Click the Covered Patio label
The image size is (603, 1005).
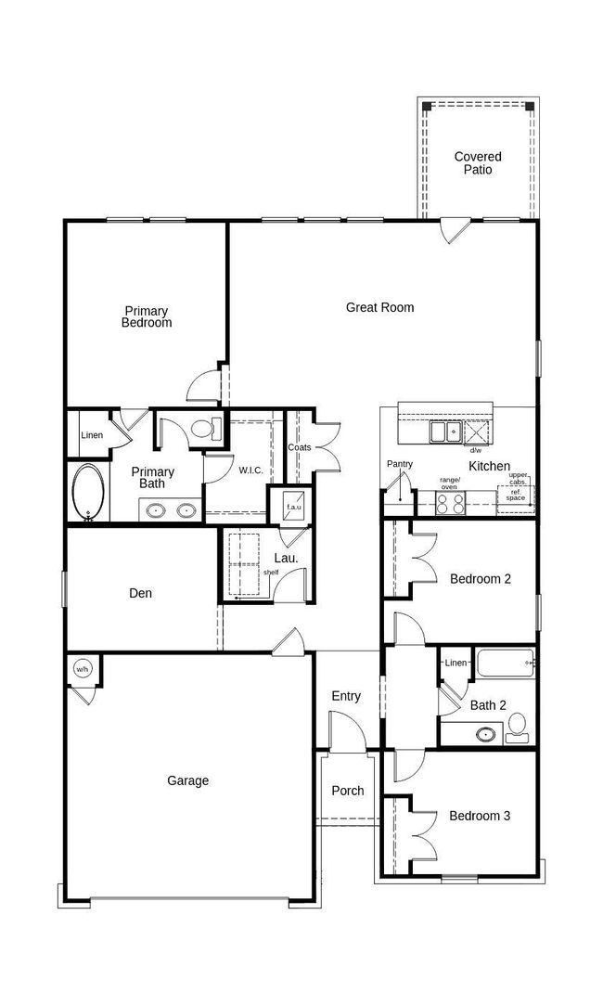478,162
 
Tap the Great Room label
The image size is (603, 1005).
380,308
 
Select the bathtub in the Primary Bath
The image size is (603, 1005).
88,492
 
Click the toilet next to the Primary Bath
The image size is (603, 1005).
206,428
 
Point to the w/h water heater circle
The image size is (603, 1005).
82,670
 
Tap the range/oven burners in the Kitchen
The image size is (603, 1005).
450,504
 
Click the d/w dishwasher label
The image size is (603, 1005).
476,450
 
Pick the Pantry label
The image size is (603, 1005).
400,464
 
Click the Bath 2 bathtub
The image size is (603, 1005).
505,663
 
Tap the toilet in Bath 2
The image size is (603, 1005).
517,728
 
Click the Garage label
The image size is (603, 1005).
187,780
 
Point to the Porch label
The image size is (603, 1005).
348,791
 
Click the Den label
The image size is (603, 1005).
140,594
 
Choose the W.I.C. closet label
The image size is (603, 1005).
250,470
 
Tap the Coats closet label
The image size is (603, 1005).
300,447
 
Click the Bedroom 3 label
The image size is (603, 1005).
480,816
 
